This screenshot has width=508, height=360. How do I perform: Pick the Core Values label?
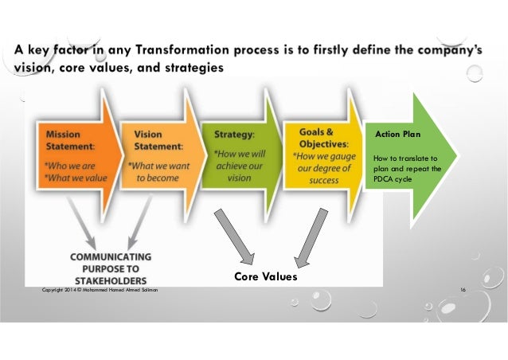265,276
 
